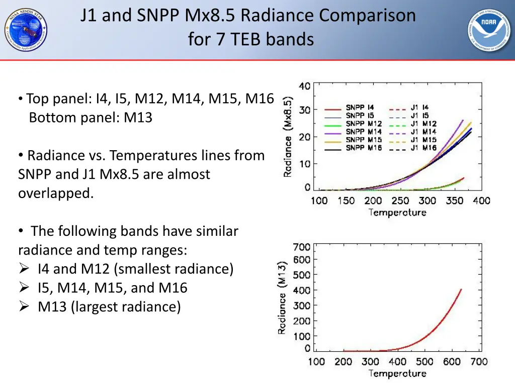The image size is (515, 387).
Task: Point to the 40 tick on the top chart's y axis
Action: click(304, 86)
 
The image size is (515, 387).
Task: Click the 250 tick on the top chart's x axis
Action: click(400, 201)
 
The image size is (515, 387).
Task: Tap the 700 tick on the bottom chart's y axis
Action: click(302, 247)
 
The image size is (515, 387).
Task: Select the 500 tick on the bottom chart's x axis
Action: click(424, 361)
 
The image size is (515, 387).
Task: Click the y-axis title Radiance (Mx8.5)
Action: click(288, 136)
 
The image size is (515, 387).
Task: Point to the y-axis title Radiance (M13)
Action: click(283, 297)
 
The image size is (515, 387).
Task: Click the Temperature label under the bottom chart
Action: click(397, 373)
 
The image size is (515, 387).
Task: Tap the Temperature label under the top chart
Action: click(397, 212)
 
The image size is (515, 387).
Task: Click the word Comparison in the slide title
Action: click(367, 16)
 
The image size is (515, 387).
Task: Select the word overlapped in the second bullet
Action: click(55, 193)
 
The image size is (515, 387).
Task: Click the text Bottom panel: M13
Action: click(91, 117)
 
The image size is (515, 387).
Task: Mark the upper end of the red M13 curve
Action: click(461, 289)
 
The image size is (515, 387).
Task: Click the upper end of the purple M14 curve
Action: click(463, 120)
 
